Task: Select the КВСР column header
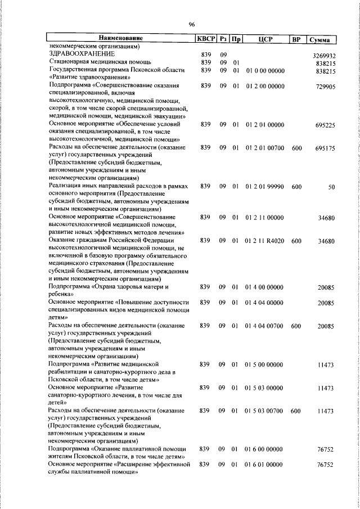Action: tap(205, 39)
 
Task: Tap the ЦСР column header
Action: tap(265, 39)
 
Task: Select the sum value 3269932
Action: tap(324, 56)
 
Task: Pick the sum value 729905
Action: tap(326, 87)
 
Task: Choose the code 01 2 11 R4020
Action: tap(264, 241)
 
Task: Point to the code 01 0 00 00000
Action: tap(264, 71)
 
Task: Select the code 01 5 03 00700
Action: tap(264, 411)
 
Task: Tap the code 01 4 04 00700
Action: tap(264, 326)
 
